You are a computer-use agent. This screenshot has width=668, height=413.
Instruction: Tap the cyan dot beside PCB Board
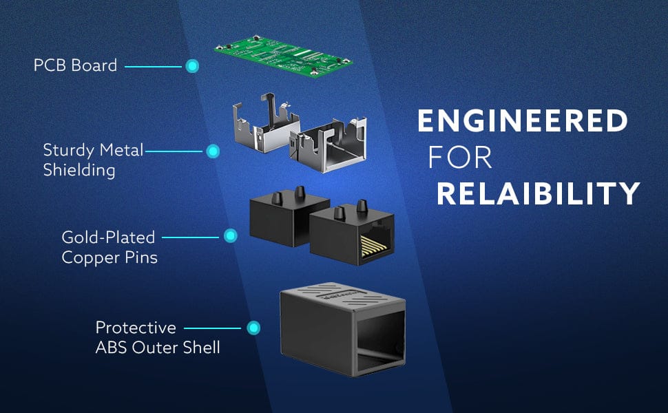193,66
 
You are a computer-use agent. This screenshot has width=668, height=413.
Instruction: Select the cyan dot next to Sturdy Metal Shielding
213,150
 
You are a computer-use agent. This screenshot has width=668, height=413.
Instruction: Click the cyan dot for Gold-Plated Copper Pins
230,237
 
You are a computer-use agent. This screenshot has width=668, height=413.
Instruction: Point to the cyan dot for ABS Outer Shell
253,328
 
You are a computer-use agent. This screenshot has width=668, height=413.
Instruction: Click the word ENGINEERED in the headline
523,122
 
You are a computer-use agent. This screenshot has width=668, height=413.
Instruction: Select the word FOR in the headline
460,158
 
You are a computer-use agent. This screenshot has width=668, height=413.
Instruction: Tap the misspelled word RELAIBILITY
538,194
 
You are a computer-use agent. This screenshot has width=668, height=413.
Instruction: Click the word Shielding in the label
79,169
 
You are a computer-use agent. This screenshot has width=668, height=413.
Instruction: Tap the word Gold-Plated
108,237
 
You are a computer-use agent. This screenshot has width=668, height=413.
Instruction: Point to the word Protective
136,328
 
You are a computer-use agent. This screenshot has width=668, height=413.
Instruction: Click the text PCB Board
75,66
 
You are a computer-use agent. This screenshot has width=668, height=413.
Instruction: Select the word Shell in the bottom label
202,348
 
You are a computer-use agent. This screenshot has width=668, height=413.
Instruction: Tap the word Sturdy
66,150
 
